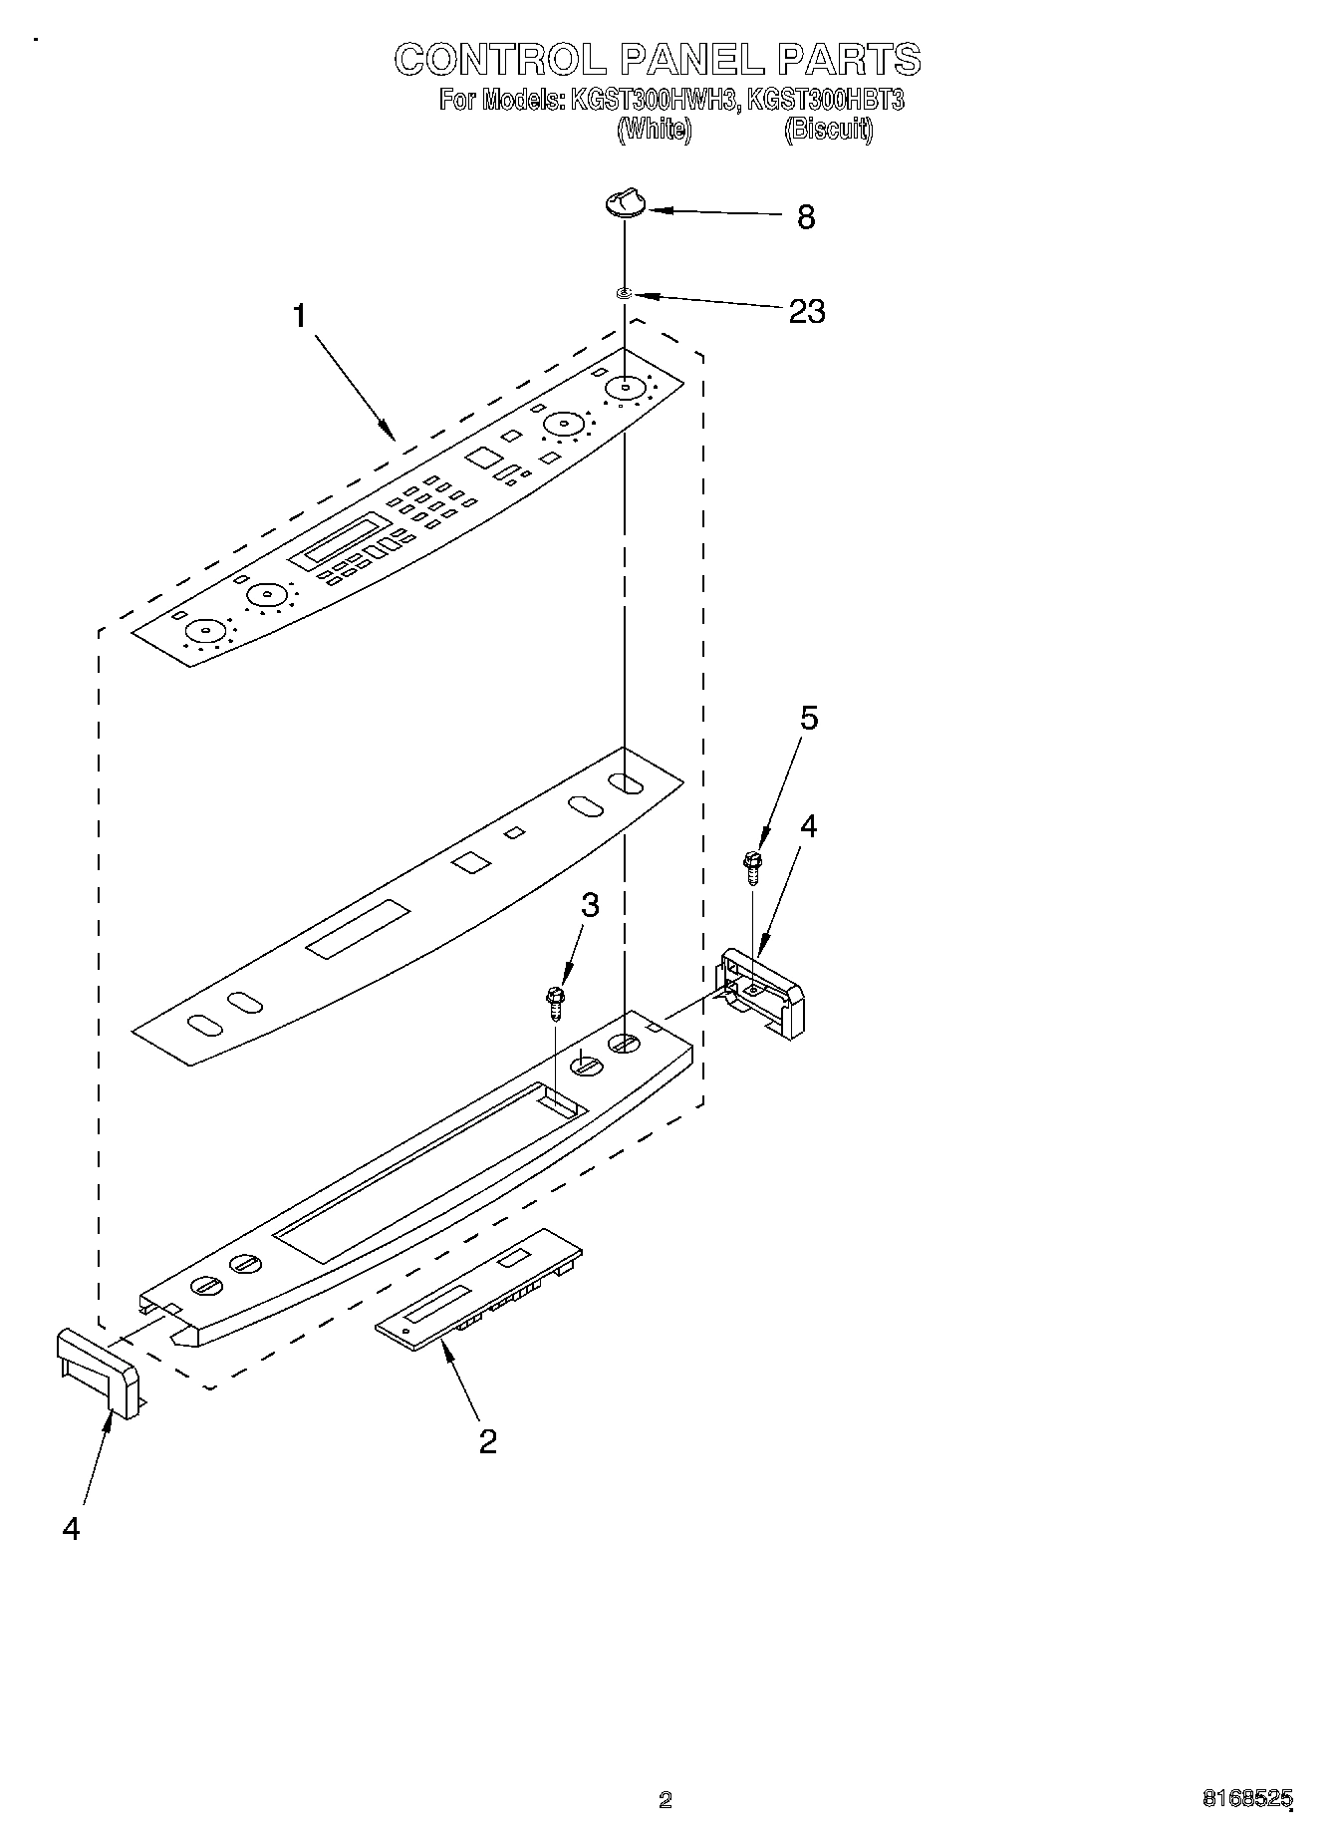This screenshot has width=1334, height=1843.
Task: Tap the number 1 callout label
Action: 300,316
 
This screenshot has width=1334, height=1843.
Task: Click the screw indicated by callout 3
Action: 555,1001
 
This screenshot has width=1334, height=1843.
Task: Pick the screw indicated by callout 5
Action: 752,866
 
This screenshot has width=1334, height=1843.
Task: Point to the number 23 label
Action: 807,311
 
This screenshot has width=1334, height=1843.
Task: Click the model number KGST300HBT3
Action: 825,100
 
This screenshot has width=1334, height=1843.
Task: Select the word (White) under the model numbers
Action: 655,129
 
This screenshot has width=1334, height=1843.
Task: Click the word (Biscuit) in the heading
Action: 829,129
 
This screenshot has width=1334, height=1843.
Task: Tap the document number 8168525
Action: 1247,1799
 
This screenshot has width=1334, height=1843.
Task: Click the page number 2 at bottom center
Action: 666,1800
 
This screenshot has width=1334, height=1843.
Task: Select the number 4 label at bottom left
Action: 71,1528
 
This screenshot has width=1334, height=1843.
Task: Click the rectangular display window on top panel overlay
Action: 346,538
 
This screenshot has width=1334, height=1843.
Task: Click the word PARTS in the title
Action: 849,60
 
